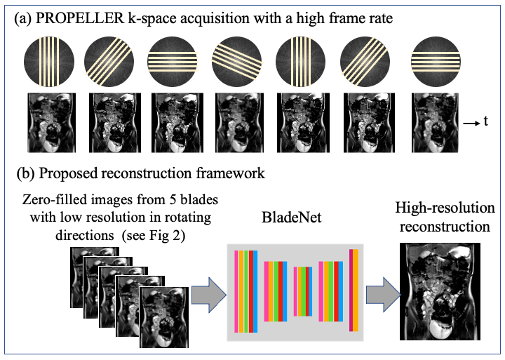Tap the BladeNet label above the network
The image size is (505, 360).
[x=295, y=218]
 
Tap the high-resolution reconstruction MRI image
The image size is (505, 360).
[x=440, y=292]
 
